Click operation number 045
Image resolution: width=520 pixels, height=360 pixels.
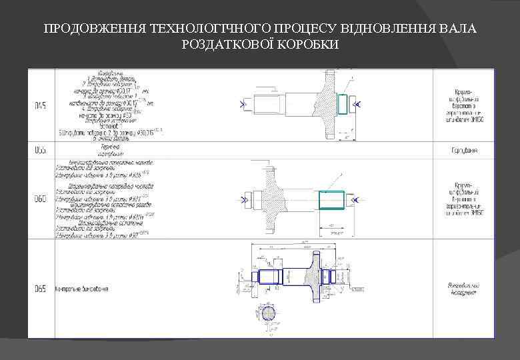coord(41,106)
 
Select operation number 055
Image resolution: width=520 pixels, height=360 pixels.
coord(41,150)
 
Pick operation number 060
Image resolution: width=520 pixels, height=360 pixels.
coord(41,199)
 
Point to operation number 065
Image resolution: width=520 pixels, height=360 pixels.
coord(41,289)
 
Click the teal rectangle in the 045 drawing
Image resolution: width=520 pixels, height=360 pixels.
coord(343,104)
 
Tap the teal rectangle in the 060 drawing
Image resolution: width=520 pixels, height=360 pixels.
coord(331,199)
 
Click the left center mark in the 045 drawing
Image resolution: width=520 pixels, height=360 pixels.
coord(241,105)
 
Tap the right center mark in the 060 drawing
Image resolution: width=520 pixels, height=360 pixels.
coord(355,199)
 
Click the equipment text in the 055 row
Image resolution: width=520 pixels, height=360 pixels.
coord(465,150)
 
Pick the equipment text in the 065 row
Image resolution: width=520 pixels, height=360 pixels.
coord(463,289)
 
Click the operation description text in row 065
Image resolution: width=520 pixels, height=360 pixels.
coord(83,289)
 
